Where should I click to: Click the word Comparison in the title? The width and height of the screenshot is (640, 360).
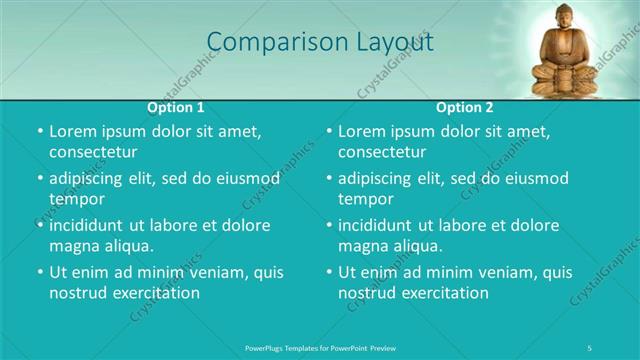[265, 42]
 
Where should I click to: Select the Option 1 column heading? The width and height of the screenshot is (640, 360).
[176, 106]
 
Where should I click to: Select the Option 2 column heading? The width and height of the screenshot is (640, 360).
[465, 106]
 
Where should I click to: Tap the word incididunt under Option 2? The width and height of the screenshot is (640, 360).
[382, 225]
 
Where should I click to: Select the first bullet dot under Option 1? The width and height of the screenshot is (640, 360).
[39, 132]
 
